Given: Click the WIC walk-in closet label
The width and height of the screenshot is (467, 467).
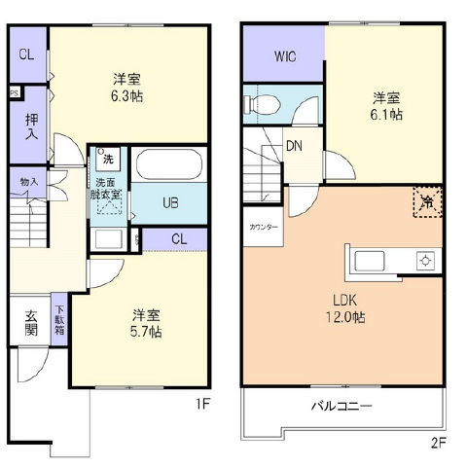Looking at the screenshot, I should (x=285, y=55).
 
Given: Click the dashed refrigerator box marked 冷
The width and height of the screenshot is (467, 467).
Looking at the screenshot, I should (x=426, y=201).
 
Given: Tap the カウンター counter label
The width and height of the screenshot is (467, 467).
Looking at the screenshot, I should (x=263, y=228).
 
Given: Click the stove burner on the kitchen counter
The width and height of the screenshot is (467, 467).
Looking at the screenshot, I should (x=424, y=261).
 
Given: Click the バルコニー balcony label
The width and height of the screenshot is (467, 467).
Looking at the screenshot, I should (x=342, y=405).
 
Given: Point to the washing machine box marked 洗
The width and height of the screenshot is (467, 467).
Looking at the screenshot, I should (x=107, y=157).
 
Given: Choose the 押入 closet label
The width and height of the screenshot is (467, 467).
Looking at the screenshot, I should (x=31, y=124).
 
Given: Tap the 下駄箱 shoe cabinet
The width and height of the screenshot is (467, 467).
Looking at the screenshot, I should (x=58, y=320).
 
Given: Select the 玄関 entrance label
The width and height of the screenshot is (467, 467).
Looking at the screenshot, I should (x=31, y=323).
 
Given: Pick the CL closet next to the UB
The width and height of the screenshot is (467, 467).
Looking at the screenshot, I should (x=179, y=238).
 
